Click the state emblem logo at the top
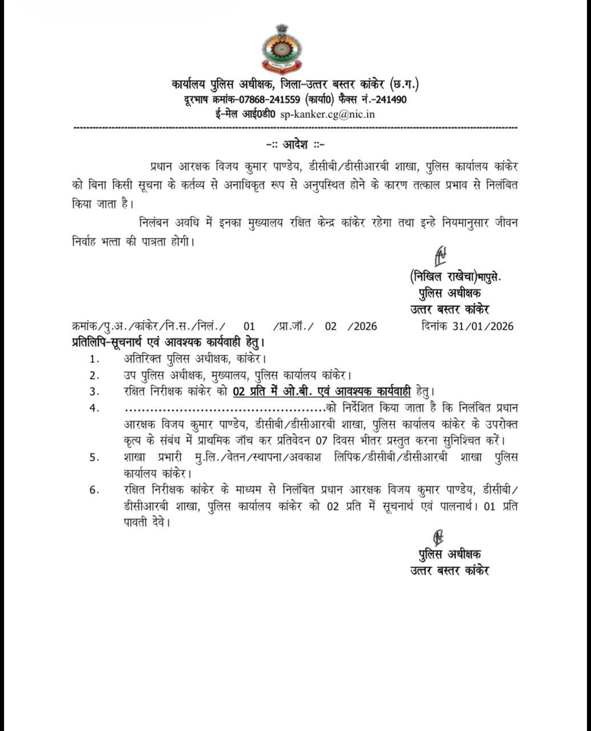tap(280, 50)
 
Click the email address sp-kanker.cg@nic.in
tap(327, 114)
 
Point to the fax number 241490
tap(390, 99)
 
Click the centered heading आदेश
tap(295, 144)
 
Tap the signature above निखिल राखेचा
tap(440, 256)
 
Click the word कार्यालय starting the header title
tap(195, 85)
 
